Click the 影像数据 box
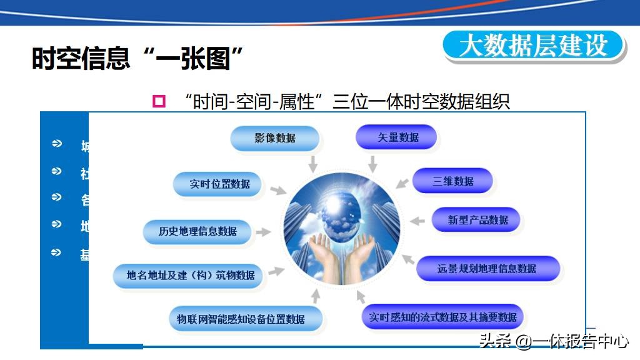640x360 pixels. pyautogui.click(x=275, y=138)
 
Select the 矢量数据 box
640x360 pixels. pyautogui.click(x=396, y=137)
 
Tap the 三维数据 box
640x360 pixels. pyautogui.click(x=453, y=181)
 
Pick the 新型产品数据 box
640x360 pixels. pyautogui.click(x=476, y=220)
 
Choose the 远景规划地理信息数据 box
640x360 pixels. pyautogui.click(x=487, y=269)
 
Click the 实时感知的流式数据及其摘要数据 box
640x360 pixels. pyautogui.click(x=442, y=317)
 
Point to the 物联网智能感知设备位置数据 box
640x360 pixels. pyautogui.click(x=246, y=319)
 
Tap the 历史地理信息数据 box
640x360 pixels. pyautogui.click(x=197, y=231)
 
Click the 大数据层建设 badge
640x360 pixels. pyautogui.click(x=534, y=46)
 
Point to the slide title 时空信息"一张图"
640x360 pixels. pyautogui.click(x=137, y=59)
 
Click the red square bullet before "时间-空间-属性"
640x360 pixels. pyautogui.click(x=159, y=101)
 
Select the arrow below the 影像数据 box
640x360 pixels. pyautogui.click(x=312, y=163)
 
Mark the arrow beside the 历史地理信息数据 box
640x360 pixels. pyautogui.click(x=264, y=232)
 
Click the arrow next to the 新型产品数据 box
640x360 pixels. pyautogui.click(x=417, y=221)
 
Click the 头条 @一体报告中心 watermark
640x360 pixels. pyautogui.click(x=553, y=341)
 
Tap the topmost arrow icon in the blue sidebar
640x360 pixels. pyautogui.click(x=57, y=144)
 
